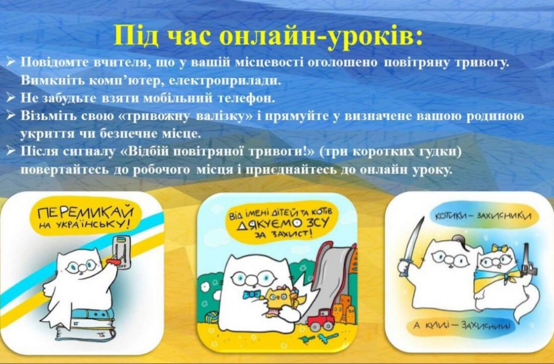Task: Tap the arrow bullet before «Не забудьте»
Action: point(11,98)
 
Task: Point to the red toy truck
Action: point(320,320)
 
